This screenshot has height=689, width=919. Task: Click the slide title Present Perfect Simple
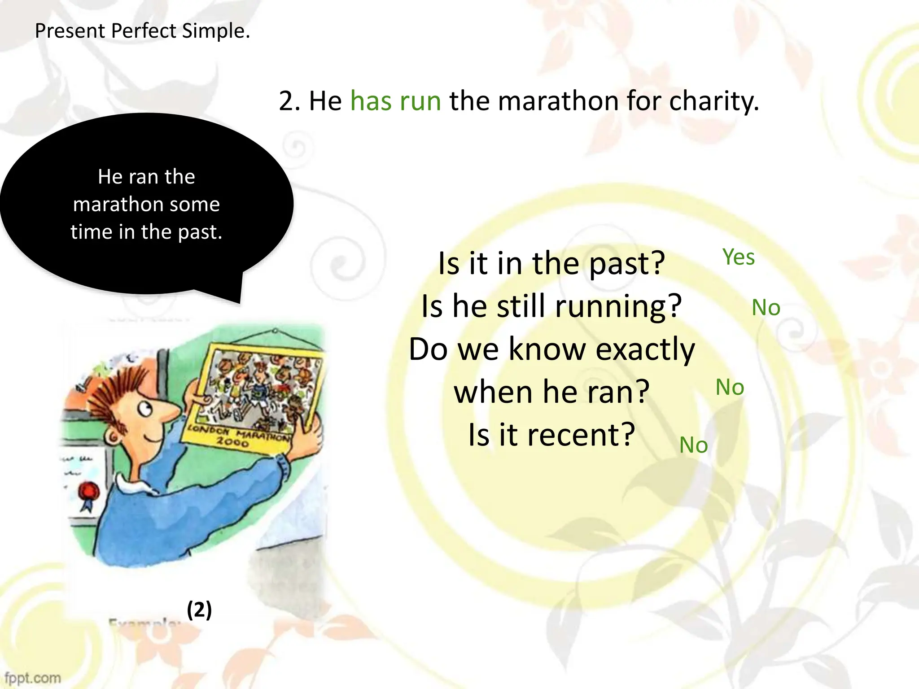click(142, 31)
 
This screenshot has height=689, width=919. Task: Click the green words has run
click(395, 100)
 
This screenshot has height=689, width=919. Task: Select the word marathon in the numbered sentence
click(558, 100)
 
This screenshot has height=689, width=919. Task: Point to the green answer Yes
click(738, 257)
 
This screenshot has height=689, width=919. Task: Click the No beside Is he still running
click(766, 308)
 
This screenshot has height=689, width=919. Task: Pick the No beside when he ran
click(729, 387)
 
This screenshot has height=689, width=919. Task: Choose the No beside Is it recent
click(693, 445)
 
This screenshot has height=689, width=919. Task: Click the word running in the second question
click(618, 306)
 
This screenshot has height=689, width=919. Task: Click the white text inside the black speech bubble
click(146, 204)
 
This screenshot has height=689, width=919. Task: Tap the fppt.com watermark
click(32, 677)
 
